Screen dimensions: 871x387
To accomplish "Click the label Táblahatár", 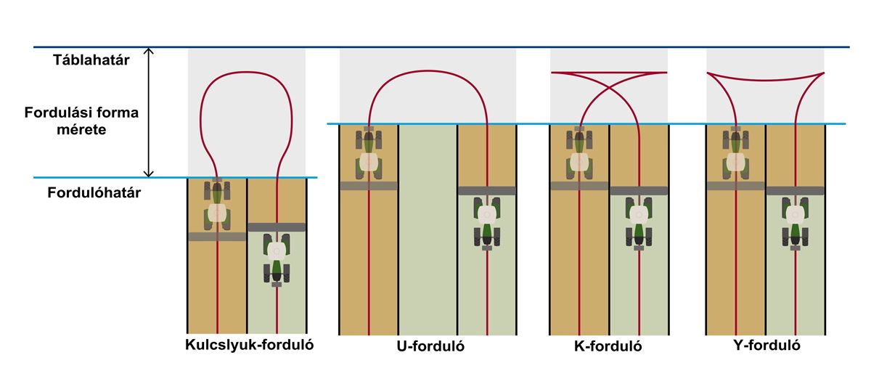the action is click(91, 60).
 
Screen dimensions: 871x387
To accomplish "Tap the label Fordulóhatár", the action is click(94, 192).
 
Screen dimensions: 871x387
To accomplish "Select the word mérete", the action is click(81, 129).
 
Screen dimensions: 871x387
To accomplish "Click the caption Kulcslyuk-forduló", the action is click(249, 345).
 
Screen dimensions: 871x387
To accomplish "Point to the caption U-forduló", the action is click(430, 346).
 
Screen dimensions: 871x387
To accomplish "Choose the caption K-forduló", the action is click(608, 346).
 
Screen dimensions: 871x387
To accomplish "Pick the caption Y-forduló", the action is click(766, 346).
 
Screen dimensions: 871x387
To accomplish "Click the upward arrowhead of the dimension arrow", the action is click(149, 51).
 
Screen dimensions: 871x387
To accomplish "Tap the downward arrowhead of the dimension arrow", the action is click(149, 173).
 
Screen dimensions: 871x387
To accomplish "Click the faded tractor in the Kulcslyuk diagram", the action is click(217, 205).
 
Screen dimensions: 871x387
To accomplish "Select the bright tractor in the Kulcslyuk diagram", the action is click(277, 258).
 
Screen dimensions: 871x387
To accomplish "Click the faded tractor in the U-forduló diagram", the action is click(369, 153).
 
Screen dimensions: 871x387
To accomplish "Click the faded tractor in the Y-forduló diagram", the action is click(735, 153).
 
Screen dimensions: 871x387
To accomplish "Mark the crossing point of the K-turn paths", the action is click(609, 89).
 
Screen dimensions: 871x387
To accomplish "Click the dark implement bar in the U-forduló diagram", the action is click(487, 190).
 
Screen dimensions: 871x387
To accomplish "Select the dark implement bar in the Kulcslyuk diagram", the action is click(277, 227).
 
